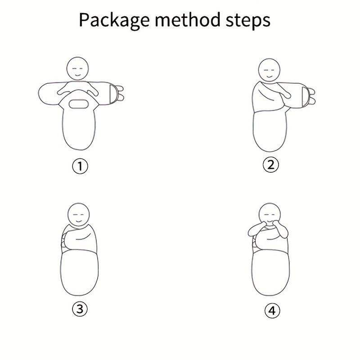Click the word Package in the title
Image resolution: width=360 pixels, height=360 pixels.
[x=114, y=21]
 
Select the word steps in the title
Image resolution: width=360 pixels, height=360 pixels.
[x=248, y=21]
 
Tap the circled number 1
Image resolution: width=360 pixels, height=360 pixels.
[x=80, y=166]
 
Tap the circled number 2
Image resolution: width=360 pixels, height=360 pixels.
[x=271, y=165]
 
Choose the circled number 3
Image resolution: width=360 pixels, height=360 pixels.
[x=80, y=309]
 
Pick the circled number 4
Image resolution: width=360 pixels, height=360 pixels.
[x=272, y=310]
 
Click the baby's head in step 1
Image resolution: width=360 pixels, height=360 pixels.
[x=77, y=68]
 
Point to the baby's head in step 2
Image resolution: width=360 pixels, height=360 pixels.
[x=269, y=70]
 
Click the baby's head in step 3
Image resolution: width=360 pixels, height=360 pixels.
[x=78, y=215]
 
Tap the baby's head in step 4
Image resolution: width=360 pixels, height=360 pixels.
[x=270, y=214]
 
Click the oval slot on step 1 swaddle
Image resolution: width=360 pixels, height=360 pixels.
[x=78, y=104]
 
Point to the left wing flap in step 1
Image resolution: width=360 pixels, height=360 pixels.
[x=49, y=94]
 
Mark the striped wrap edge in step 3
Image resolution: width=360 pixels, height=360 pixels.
[x=64, y=242]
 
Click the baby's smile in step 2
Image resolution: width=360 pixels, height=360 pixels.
[x=269, y=76]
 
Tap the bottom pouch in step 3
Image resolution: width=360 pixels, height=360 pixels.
[x=79, y=273]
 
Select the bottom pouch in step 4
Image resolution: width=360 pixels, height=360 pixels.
[x=270, y=273]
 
